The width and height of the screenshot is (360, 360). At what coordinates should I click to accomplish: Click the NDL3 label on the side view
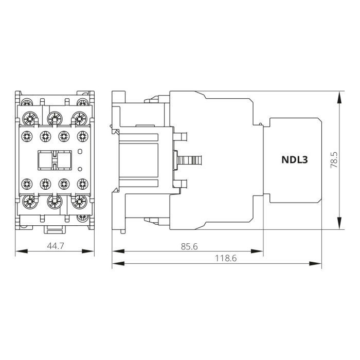click(294, 160)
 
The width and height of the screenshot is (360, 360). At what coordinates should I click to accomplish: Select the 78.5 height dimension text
click(334, 160)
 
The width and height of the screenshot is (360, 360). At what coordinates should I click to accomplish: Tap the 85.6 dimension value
click(189, 246)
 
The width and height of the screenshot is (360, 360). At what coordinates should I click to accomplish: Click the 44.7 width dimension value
click(55, 246)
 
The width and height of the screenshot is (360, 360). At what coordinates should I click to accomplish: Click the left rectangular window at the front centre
click(44, 160)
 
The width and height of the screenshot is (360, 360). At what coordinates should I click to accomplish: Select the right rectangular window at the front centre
click(63, 160)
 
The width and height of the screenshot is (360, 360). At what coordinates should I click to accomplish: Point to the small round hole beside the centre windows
click(80, 169)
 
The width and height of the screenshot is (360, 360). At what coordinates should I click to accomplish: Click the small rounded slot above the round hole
click(80, 151)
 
